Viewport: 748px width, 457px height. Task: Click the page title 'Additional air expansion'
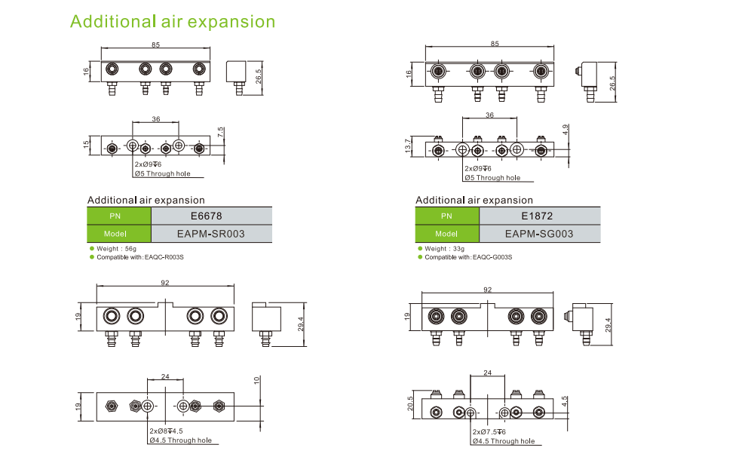click(173, 21)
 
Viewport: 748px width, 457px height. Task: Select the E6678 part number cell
click(211, 215)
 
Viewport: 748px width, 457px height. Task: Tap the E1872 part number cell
click(539, 215)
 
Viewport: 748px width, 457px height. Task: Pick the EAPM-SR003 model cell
click(211, 234)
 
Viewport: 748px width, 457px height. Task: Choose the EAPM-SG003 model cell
click(539, 234)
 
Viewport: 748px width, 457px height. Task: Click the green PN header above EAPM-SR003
click(119, 215)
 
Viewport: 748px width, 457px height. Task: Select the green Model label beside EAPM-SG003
click(447, 234)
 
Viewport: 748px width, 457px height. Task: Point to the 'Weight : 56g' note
click(118, 248)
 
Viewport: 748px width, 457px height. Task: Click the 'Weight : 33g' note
click(445, 248)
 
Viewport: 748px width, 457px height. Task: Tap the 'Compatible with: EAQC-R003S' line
click(140, 257)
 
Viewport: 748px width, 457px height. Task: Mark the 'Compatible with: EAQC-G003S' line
click(468, 257)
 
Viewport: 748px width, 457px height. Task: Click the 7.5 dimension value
click(221, 131)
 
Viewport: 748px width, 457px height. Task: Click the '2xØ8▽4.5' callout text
click(166, 431)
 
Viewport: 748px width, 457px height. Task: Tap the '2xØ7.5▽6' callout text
click(494, 432)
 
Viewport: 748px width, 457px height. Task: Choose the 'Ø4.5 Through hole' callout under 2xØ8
click(180, 440)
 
